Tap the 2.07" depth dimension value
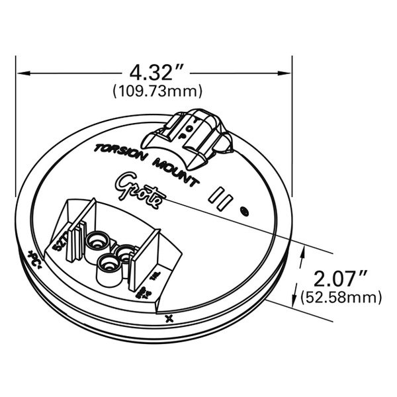pos(337,277)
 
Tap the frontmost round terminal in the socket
pos(107,267)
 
